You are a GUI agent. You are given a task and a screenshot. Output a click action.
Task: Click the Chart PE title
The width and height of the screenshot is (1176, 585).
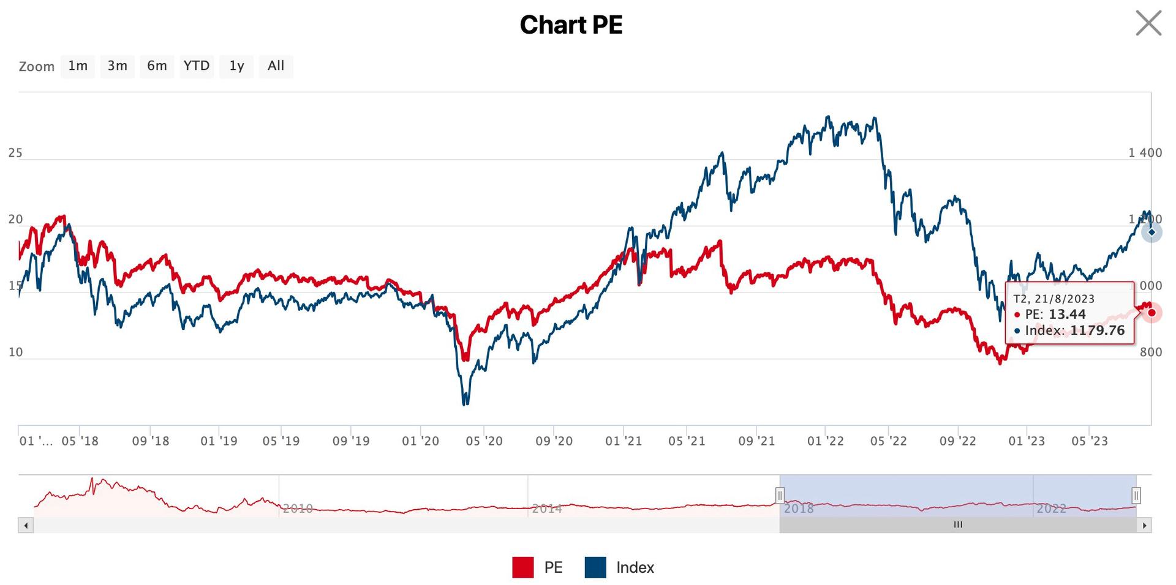(571, 25)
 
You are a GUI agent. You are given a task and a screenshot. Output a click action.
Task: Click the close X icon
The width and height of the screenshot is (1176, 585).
(1148, 23)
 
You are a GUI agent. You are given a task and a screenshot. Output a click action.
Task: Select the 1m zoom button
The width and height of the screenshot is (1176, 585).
(78, 66)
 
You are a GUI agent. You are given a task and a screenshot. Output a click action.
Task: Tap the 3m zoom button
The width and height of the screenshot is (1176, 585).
(117, 66)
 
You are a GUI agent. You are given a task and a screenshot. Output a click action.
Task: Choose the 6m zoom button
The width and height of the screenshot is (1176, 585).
(157, 66)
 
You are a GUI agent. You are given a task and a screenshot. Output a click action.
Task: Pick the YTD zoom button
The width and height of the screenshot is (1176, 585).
(197, 66)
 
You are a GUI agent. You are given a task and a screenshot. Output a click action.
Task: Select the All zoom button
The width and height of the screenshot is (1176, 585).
(276, 66)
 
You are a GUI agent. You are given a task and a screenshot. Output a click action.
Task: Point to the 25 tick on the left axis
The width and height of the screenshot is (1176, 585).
(15, 153)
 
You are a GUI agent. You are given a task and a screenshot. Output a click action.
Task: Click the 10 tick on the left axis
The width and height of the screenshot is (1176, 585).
(15, 352)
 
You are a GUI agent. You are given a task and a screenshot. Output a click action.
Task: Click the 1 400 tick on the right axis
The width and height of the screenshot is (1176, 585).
(1145, 153)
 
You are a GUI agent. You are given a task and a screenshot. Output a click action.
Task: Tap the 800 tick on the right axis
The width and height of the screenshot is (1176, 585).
(1151, 352)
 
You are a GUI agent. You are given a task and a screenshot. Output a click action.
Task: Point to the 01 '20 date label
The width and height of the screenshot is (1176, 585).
(420, 441)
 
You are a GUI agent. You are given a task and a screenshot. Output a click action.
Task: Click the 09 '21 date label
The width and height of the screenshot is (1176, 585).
(756, 441)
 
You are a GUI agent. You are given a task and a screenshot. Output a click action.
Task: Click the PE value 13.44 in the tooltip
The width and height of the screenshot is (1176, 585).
(1067, 315)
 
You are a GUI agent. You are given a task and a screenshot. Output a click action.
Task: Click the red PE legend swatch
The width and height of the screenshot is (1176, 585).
(522, 567)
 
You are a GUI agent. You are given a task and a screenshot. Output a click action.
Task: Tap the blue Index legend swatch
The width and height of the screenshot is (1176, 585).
(595, 567)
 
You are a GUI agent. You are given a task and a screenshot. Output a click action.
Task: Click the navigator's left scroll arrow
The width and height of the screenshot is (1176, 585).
(26, 525)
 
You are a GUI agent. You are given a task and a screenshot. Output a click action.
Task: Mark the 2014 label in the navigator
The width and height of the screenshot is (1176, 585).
(546, 509)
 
